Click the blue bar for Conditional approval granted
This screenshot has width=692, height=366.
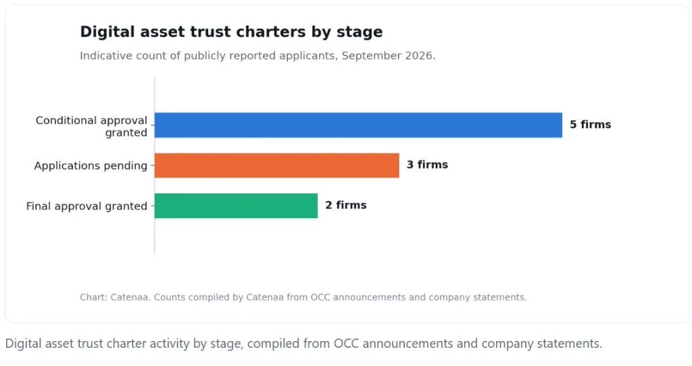pos(358,125)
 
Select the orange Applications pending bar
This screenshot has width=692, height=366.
pos(276,165)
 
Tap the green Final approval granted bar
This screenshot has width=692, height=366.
pos(236,205)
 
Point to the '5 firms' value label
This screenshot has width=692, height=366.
pos(590,125)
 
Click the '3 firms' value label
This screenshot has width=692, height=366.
pos(427,165)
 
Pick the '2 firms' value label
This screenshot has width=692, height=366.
pos(346,205)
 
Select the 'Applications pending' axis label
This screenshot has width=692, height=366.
pos(91,166)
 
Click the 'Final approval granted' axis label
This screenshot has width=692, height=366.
pos(86,207)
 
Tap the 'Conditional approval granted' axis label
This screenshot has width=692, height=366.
pos(91,126)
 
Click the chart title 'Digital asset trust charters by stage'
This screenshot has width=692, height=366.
pos(231,32)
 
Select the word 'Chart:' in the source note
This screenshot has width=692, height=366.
pos(93,297)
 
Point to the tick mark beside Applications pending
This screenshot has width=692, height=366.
pos(153,165)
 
